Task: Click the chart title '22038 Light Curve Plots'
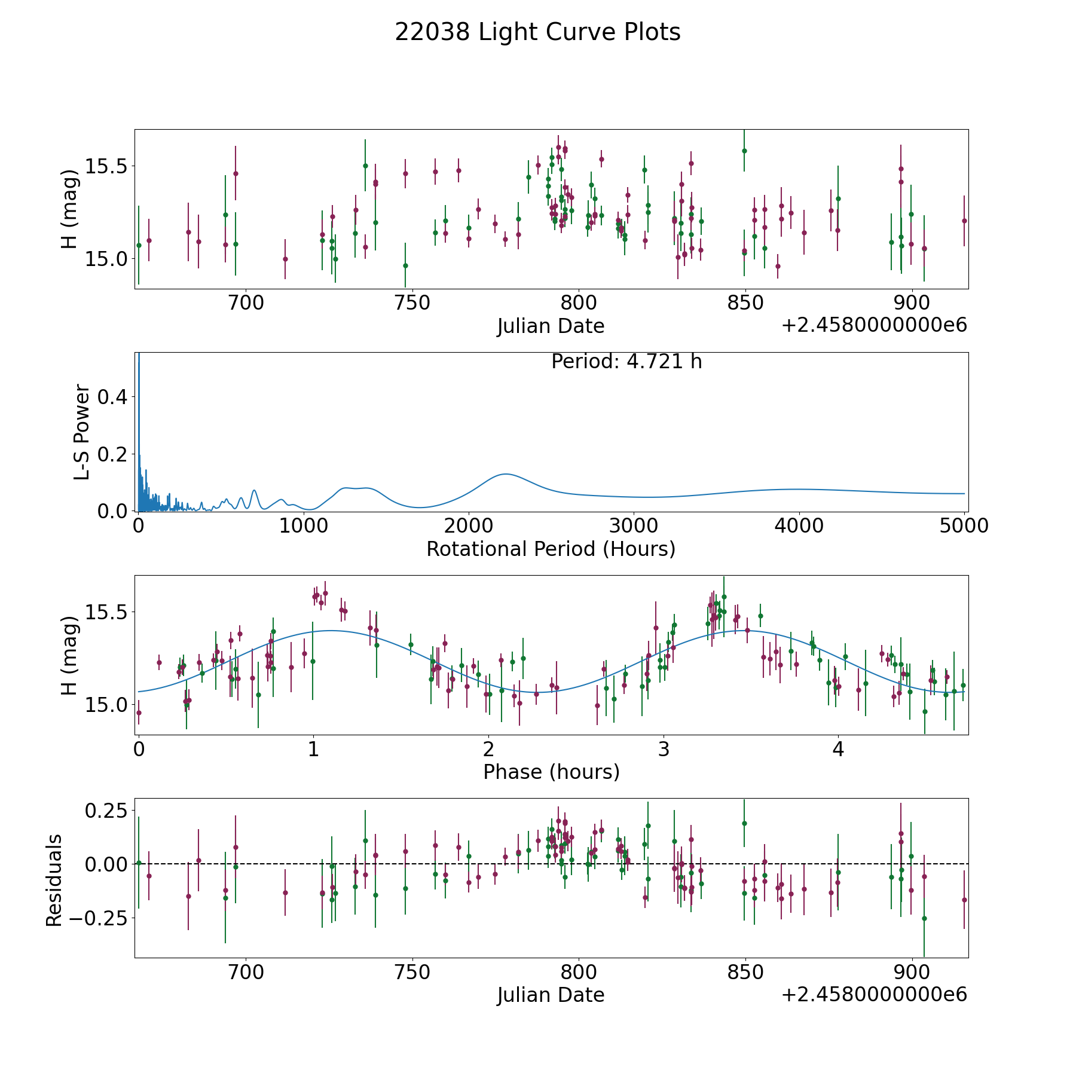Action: pos(537,32)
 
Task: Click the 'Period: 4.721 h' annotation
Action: pos(626,362)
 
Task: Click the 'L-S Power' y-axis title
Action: pos(82,432)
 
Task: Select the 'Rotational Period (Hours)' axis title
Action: pos(551,549)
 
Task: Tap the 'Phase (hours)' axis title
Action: pos(551,772)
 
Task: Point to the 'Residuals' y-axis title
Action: pos(54,880)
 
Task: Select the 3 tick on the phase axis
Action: pos(664,749)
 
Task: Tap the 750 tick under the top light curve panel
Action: pos(413,304)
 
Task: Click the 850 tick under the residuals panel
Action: pos(745,973)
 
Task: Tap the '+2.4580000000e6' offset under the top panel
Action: pos(874,326)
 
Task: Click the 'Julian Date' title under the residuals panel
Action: pos(551,995)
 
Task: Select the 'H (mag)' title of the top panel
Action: pos(69,209)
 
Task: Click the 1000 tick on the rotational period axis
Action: pos(304,526)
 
